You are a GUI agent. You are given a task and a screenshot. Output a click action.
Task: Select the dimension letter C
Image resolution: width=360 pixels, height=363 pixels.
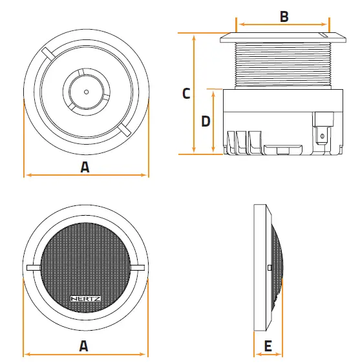coord(186,93)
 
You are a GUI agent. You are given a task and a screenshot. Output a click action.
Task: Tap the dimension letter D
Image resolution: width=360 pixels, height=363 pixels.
coord(205,121)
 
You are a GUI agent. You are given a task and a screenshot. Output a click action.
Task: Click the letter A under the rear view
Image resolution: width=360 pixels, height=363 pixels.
coord(85,166)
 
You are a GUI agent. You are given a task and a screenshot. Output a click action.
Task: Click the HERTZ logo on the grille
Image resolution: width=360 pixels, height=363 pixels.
coord(85,298)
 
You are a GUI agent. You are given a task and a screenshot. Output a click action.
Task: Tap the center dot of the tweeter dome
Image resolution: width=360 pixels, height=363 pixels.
coord(86,92)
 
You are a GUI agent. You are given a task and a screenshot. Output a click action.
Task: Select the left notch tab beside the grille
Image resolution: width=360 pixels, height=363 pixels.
coord(33,267)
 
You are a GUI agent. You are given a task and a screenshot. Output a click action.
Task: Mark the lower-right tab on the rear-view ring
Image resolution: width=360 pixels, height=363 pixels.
coord(124,130)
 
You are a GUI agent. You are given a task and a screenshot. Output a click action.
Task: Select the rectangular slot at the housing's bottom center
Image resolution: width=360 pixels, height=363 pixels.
coord(282,150)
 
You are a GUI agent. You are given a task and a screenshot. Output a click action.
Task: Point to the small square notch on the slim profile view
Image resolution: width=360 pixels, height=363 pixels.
coord(269,267)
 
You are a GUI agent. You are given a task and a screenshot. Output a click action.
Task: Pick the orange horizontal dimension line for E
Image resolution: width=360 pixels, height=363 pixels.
coord(267,355)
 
